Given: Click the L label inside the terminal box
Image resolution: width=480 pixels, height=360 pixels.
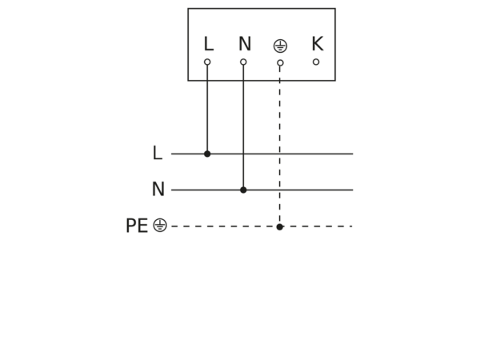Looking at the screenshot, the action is pos(209,44).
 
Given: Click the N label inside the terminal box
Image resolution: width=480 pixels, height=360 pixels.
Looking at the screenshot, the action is pos(245,44).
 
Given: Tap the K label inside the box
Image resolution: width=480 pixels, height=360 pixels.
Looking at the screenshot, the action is pos(318,43).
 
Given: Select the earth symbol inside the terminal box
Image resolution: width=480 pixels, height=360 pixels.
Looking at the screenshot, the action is pos(280,46).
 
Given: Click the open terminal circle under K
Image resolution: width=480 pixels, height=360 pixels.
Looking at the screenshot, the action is pos(316,62).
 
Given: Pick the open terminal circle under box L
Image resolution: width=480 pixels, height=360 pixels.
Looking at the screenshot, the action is pos(207,62).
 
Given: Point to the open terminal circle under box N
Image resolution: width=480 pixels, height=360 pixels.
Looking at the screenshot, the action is pos(243,62).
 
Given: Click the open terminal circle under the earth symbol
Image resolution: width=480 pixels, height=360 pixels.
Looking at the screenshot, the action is pos(280,62).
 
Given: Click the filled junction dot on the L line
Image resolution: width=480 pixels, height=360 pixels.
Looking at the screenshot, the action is pos(207,154).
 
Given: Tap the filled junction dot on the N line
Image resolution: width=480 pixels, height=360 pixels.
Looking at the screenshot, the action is pos(243,190).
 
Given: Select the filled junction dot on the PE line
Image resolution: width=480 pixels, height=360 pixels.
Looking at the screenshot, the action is pos(279,227).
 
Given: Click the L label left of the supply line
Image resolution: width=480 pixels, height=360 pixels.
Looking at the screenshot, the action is pos(158,153).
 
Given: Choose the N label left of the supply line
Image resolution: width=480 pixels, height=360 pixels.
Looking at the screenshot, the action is pos(158,189).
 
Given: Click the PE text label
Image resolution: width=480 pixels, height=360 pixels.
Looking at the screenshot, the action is pos(137,226).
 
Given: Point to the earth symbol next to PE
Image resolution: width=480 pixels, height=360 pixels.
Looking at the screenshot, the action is pos(160,225).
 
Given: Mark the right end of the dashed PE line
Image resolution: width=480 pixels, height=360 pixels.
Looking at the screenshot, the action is pos(353,226).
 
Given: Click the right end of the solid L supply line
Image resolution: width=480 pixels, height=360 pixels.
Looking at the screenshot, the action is pos(353,154).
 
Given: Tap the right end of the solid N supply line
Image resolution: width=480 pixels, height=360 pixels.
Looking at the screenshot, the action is pos(353,190).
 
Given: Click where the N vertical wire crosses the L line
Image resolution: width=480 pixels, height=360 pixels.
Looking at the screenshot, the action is pos(243,154).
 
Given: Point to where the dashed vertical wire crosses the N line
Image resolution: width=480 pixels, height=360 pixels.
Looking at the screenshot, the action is pos(279,190).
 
